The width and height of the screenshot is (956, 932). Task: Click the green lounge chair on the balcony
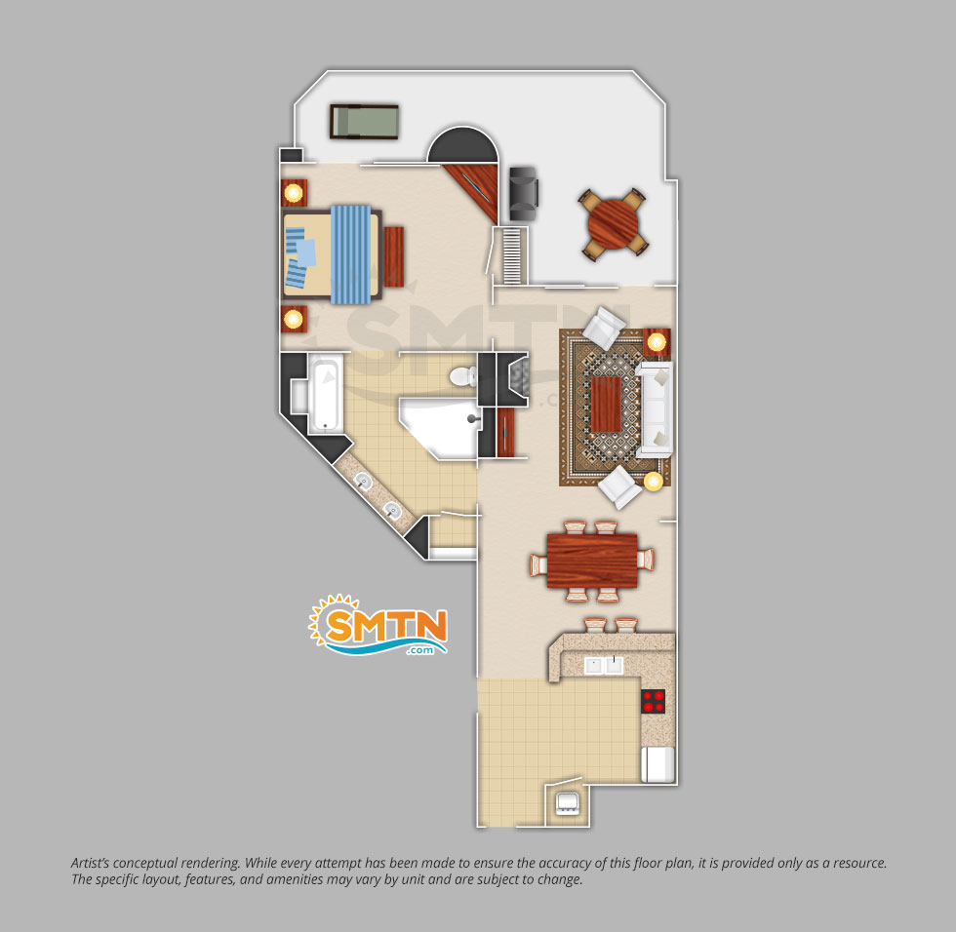click(x=365, y=122)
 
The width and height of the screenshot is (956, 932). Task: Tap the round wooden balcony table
click(x=613, y=223)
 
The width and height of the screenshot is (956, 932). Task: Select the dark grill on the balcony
click(x=524, y=193)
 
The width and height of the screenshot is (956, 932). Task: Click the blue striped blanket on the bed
click(x=350, y=254)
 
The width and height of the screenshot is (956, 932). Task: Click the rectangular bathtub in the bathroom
click(x=325, y=396)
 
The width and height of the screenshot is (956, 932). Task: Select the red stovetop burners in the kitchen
click(x=653, y=701)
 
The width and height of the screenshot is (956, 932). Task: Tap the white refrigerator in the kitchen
click(x=657, y=764)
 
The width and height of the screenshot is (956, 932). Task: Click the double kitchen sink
click(x=604, y=665)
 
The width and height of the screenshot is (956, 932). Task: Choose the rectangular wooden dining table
click(x=592, y=561)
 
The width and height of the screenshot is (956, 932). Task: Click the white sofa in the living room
click(x=655, y=409)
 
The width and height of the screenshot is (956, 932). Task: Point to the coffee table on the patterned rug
click(x=606, y=404)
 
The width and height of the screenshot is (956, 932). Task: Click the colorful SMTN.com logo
click(x=379, y=625)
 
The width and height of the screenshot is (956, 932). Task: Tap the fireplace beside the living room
click(x=512, y=379)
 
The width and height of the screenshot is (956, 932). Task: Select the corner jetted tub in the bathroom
click(x=439, y=426)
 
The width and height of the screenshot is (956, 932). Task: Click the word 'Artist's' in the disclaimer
click(x=92, y=863)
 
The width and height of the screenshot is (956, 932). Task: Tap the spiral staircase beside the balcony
click(x=512, y=255)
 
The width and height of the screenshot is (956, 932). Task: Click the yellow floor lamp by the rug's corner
click(x=654, y=482)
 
